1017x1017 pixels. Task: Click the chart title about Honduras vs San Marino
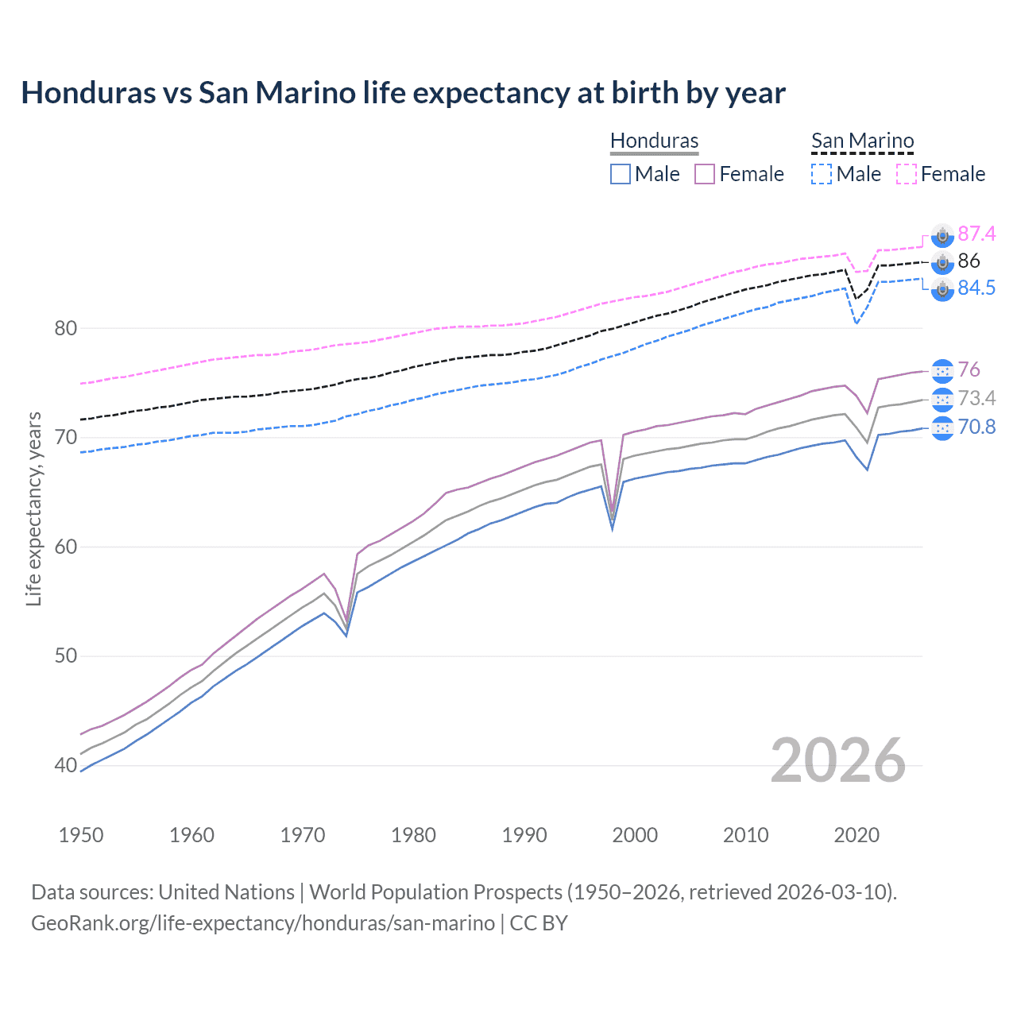403,93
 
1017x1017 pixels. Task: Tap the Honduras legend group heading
654,141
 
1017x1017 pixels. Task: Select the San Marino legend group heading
862,141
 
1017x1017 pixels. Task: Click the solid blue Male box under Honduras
621,174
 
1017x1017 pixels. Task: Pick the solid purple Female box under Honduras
705,174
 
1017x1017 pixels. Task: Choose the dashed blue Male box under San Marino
822,174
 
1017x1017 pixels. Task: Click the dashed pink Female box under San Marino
907,174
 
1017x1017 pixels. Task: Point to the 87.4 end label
976,234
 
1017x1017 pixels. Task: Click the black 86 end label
969,261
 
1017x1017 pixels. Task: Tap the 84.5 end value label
976,288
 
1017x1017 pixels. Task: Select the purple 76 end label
969,369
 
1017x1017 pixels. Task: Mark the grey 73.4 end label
976,398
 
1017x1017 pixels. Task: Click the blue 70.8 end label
976,427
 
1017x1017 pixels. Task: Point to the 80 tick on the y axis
65,328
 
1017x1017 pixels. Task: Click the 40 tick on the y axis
65,765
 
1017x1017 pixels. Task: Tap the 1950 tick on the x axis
81,835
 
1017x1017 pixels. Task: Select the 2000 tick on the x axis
635,835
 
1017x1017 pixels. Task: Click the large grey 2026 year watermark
837,760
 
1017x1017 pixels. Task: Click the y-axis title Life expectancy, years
33,508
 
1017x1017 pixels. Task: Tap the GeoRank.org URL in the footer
262,923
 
